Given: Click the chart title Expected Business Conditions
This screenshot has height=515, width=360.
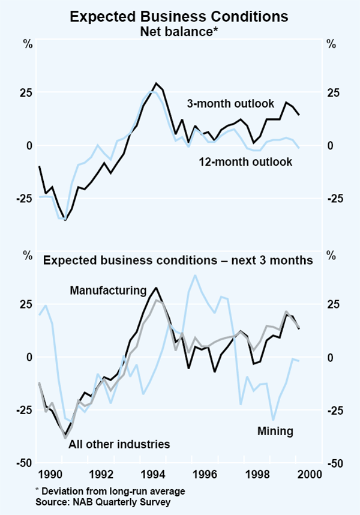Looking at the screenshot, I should click(179, 16).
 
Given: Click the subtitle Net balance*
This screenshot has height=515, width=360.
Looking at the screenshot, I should click(179, 31).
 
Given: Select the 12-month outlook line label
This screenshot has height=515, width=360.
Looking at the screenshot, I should click(246, 161).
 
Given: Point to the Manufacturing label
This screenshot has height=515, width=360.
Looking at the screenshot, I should click(108, 291).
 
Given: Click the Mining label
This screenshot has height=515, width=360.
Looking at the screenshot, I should click(275, 430).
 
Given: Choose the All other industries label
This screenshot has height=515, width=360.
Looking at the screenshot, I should click(119, 444).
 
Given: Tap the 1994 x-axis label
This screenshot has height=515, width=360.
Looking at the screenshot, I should click(153, 474).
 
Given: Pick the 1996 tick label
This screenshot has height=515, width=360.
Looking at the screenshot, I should click(204, 474).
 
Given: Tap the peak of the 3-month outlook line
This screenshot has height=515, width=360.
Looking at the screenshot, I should click(156, 83).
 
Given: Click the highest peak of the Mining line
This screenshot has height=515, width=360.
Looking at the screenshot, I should click(195, 276).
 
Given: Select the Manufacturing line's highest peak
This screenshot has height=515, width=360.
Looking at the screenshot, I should click(156, 288).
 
